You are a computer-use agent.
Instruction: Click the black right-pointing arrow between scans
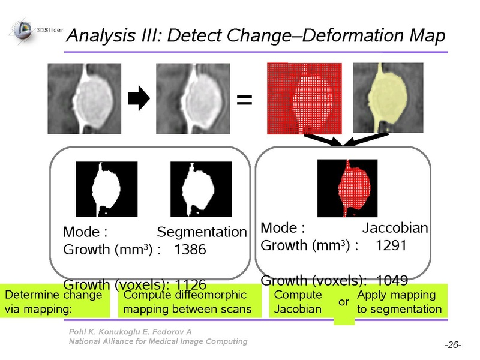[x=139, y=98]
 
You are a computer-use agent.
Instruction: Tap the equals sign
[x=244, y=100]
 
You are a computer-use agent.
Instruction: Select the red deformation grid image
[x=304, y=98]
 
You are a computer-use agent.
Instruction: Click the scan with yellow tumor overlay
[x=388, y=98]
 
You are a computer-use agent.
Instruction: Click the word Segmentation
[x=202, y=232]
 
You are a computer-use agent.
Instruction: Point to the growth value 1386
[x=190, y=250]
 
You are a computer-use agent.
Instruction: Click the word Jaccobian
[x=395, y=228]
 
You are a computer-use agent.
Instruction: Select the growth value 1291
[x=391, y=245]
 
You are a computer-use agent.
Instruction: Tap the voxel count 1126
[x=191, y=284]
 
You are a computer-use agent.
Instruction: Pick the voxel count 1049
[x=392, y=280]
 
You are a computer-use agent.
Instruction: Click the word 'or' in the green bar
[x=344, y=302]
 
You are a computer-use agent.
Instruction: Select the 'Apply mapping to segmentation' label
[x=400, y=302]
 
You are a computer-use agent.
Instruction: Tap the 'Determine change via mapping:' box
[x=55, y=301]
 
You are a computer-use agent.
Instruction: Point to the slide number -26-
[x=453, y=345]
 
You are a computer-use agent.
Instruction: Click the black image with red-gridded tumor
[x=347, y=188]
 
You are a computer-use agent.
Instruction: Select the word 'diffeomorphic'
[x=212, y=295]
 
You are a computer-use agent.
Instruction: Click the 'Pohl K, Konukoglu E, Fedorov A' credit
[x=130, y=332]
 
